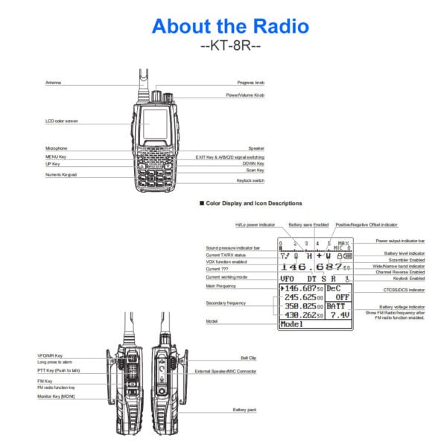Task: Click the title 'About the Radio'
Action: pos(230,27)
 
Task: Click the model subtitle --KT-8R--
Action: pos(230,46)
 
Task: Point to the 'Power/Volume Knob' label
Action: pos(245,95)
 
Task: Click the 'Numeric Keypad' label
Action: pos(61,174)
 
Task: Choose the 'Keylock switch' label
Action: pos(250,180)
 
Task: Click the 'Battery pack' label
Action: pos(245,409)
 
